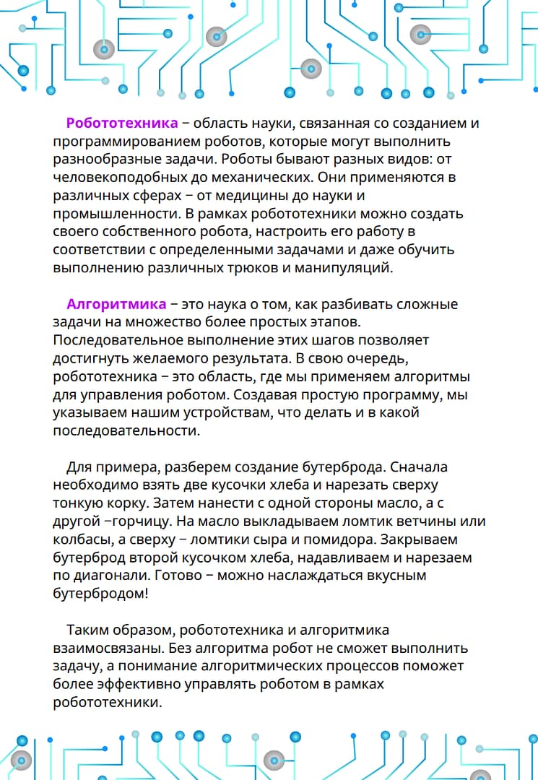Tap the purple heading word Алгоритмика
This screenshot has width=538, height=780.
[x=116, y=304]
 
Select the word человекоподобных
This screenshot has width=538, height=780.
[x=114, y=177]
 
